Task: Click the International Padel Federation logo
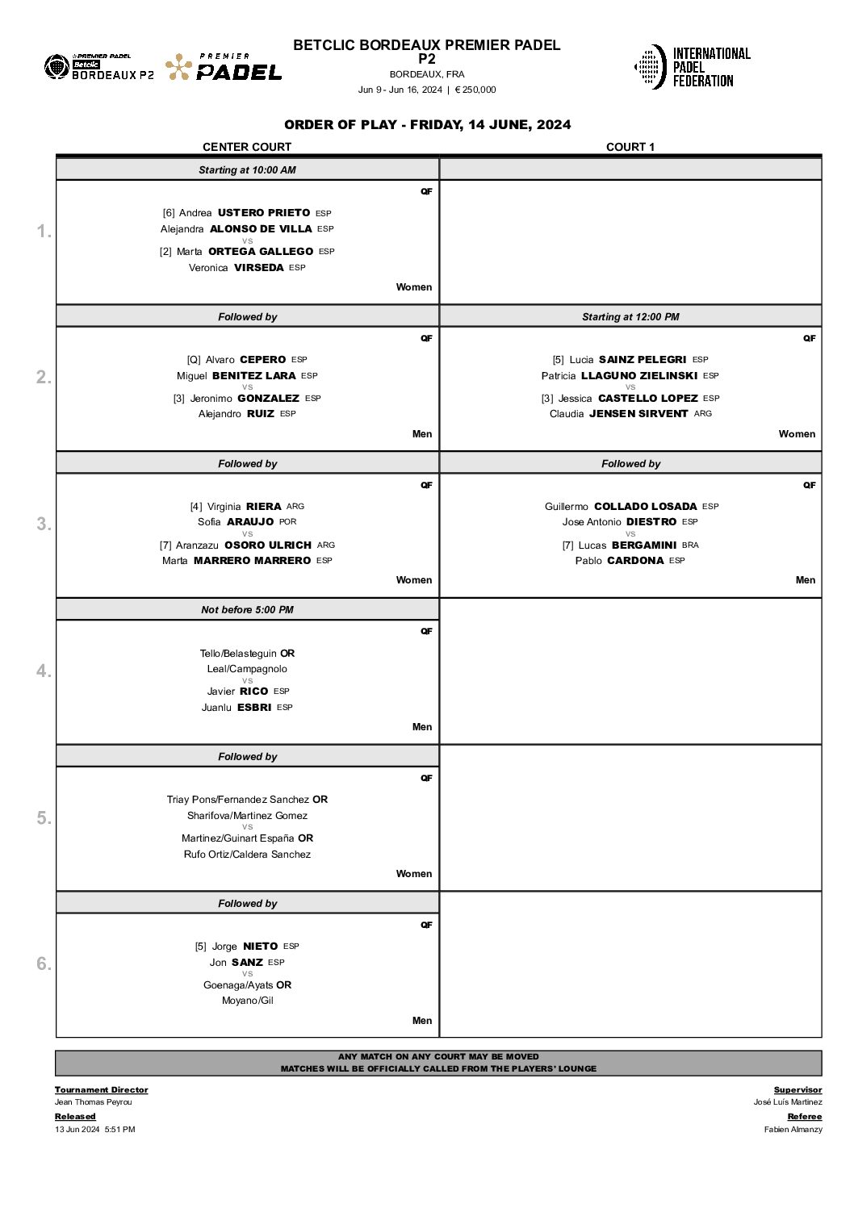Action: (693, 67)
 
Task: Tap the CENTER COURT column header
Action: (247, 147)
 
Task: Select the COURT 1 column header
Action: (630, 147)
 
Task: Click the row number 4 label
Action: (44, 671)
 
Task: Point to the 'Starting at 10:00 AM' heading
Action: (247, 170)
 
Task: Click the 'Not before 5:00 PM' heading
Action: (247, 610)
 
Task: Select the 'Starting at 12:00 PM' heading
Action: (630, 317)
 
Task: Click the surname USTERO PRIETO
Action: (264, 213)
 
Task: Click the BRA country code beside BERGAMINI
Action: (690, 545)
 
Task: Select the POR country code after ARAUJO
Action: (288, 522)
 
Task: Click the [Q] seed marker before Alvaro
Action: (194, 360)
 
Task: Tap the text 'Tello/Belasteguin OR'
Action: (247, 654)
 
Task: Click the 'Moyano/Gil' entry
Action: (247, 1001)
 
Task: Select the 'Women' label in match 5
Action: (414, 874)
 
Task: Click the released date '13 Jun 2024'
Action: (77, 1130)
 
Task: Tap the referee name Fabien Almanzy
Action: (793, 1130)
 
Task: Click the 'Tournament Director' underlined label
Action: (101, 1090)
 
